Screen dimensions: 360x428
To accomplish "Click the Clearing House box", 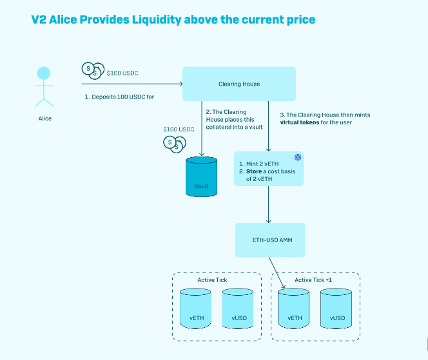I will coord(239,84).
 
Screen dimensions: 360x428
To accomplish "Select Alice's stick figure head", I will coord(44,73).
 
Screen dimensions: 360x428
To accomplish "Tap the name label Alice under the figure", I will coord(44,118).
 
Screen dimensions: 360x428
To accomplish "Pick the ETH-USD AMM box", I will coord(269,240).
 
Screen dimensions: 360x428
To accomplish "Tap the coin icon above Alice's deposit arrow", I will coord(93,70).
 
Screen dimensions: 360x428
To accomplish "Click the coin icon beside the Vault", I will coord(171,142).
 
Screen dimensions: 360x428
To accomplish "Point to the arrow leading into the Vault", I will coord(202,129).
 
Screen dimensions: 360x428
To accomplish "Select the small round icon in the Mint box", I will coord(298,158).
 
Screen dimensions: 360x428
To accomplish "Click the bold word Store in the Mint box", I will coord(255,172).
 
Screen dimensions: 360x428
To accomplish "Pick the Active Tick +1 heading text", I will coord(315,280).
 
